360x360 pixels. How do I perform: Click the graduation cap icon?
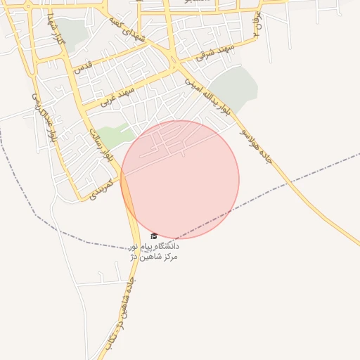click(x=154, y=236)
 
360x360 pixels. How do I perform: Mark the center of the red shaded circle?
click(x=180, y=179)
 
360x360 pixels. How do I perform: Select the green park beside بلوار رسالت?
click(x=112, y=135)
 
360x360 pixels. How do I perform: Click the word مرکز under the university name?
click(x=169, y=257)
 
